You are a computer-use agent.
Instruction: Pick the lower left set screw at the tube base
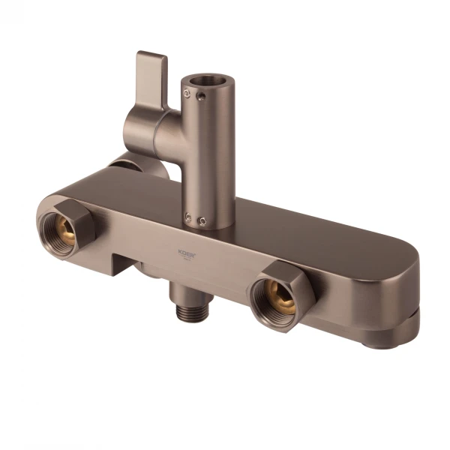click(x=188, y=217)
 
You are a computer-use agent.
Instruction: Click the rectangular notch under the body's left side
click(x=124, y=263)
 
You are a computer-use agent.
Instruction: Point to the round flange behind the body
click(x=120, y=163)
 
